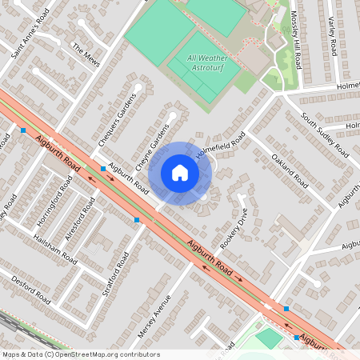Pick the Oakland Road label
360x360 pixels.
point(290,170)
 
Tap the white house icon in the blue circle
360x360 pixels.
point(180,173)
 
